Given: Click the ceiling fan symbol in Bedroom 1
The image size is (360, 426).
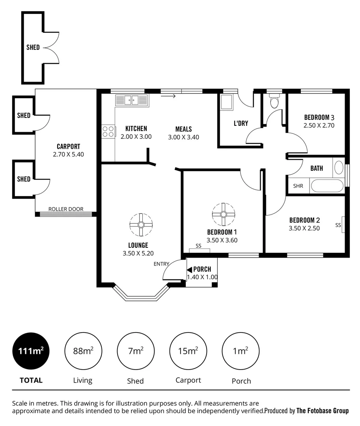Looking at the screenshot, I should [223, 214].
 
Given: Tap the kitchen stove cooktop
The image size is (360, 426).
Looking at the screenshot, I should [108, 131].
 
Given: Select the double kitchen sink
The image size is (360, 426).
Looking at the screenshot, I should [131, 100].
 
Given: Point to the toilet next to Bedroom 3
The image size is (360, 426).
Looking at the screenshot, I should [274, 102].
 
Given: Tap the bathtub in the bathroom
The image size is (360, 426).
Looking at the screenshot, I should [327, 185].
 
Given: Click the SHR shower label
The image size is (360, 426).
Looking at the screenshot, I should [298, 186].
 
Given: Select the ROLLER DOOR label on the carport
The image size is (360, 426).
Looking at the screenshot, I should [66, 209].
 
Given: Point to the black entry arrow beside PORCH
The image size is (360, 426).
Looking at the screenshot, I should [189, 269].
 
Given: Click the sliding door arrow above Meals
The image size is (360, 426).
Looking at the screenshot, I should [168, 95].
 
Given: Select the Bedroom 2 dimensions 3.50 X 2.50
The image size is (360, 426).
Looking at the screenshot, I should [304, 228].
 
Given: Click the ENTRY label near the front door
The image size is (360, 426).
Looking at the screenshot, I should [161, 264].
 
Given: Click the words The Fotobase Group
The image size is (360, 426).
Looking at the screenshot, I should [322, 411].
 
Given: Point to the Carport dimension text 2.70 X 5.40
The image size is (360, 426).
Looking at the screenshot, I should [68, 154].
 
